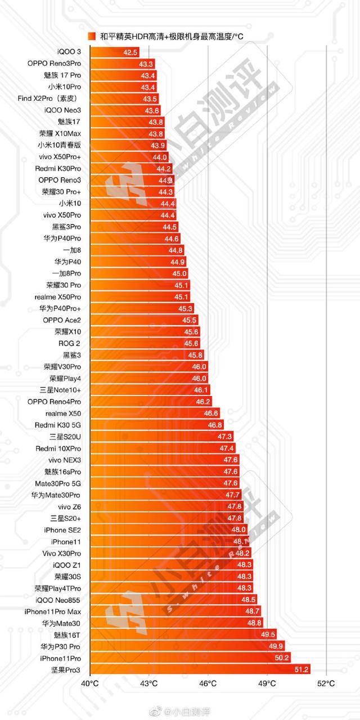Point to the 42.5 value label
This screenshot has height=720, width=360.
130,52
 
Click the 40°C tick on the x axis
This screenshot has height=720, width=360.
90,683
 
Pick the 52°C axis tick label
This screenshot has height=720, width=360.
326,683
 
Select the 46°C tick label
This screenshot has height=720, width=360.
208,683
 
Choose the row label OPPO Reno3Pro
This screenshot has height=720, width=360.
54,64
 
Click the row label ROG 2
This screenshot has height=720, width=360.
69,343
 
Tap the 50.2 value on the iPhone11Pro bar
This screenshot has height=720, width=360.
282,658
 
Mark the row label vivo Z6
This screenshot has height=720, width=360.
69,506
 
